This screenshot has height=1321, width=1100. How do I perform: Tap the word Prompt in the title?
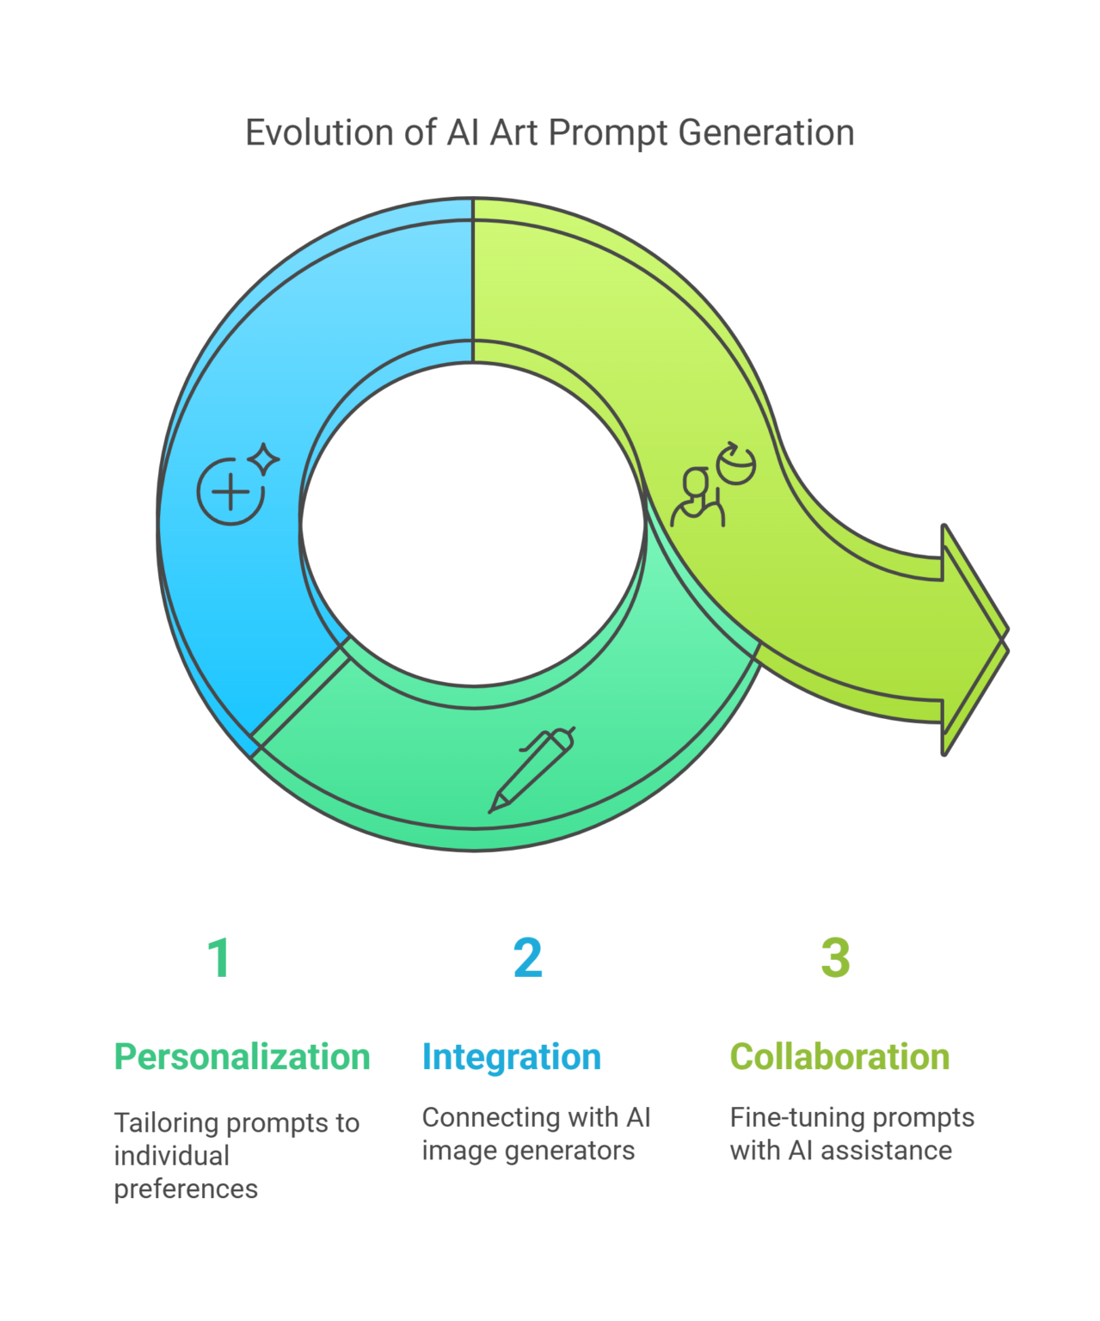coord(607,133)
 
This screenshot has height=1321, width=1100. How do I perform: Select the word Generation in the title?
coord(765,132)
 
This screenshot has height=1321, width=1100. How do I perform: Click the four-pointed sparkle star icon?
coord(263,458)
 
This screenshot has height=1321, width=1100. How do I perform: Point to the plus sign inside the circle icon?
coord(230,492)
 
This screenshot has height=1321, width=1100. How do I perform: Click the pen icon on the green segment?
coord(532,770)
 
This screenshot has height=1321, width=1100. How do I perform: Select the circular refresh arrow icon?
coord(735,464)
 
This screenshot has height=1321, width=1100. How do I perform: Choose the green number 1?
coord(219,958)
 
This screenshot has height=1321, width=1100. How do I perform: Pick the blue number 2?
coord(528,958)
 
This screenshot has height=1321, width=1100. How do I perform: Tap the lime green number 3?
coord(835,958)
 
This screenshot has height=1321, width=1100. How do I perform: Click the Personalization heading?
coord(242,1057)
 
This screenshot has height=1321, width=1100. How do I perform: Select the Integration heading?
coord(512,1057)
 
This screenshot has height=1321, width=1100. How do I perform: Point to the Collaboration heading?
coord(840,1057)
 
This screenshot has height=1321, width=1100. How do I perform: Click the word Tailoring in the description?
coord(166,1124)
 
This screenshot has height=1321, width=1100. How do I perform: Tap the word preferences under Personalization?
coord(186,1190)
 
